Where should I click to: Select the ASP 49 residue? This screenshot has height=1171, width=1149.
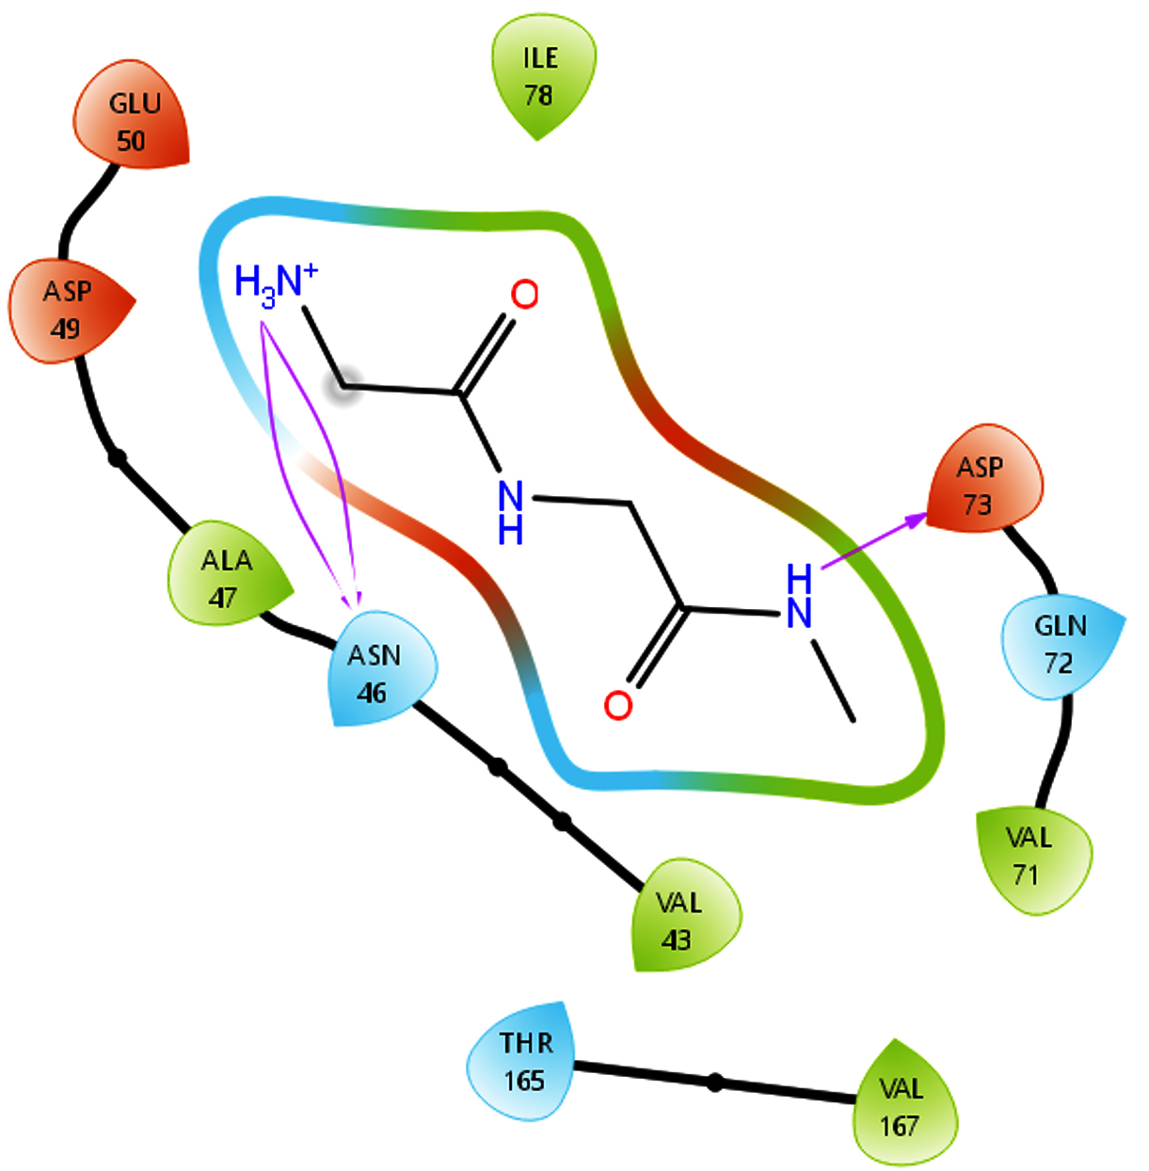[x=70, y=310]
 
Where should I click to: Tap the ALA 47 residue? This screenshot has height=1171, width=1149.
[x=228, y=573]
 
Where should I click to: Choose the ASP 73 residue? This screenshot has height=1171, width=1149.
[x=983, y=480]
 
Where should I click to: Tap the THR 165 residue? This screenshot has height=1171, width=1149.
[x=521, y=1061]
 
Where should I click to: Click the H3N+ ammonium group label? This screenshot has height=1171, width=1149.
[x=276, y=284]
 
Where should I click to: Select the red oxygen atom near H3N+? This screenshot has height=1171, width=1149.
[x=524, y=295]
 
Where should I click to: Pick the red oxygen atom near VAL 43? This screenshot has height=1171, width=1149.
[x=618, y=705]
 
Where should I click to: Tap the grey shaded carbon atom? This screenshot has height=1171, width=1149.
[x=343, y=387]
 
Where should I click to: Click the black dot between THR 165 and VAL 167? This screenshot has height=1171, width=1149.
[x=715, y=1083]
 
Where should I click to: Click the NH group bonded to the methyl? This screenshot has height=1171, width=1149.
[x=799, y=596]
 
